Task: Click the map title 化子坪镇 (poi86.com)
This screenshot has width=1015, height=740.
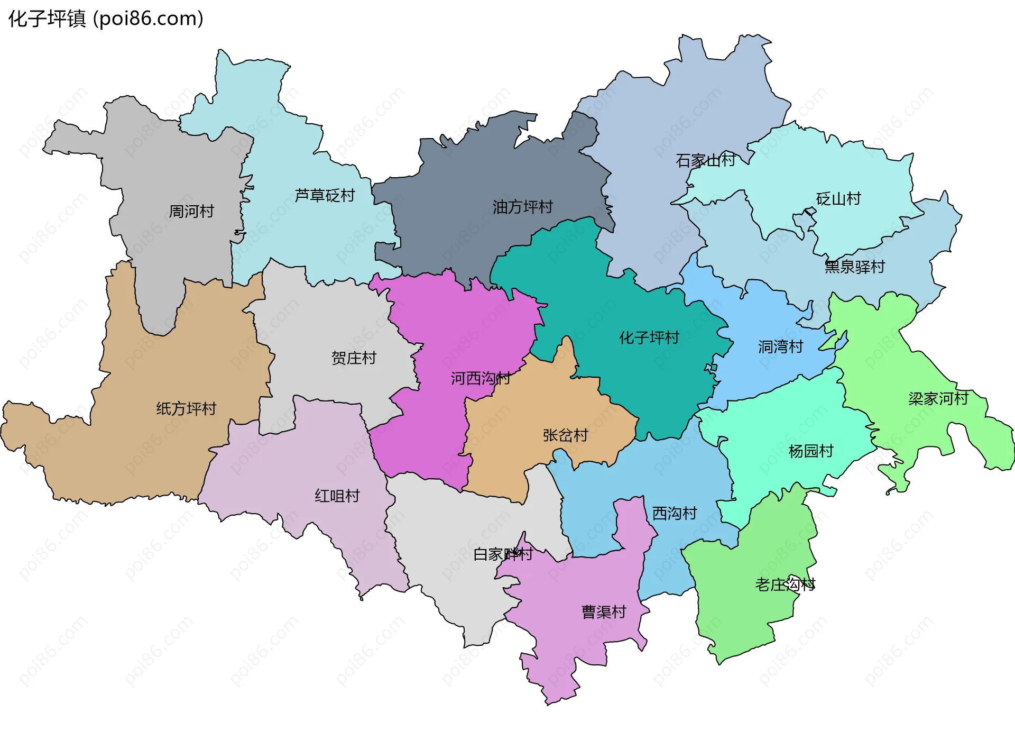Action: point(106,19)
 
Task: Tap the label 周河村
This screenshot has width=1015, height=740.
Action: point(191,212)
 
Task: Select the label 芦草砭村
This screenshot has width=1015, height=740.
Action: point(325,196)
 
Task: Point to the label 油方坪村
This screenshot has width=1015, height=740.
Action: point(522,207)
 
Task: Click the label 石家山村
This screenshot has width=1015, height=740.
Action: point(705,160)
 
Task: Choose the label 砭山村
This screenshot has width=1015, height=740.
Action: point(838,199)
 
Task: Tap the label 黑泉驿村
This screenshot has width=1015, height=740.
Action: point(854,267)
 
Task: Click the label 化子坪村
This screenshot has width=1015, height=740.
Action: point(649,337)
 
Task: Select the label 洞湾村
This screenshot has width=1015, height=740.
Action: point(780,347)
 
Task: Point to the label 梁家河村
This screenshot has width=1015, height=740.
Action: point(938,399)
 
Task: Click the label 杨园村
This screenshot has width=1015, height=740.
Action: point(810,451)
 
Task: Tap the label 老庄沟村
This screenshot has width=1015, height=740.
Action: point(785,584)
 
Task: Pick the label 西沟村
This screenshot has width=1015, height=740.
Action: point(674,513)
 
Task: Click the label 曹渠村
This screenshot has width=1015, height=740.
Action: point(604,612)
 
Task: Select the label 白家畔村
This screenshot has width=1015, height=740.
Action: point(503,554)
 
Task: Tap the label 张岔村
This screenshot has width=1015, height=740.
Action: point(565,435)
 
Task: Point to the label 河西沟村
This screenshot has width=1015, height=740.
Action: point(480,378)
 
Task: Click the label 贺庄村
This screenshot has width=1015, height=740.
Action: point(354,358)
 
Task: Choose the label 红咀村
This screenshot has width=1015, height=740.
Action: point(337,496)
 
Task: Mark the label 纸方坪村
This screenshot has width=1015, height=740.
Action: point(186,408)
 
